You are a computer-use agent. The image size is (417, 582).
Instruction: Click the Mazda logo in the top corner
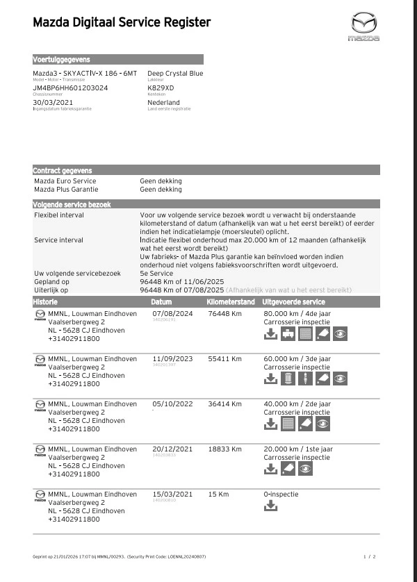tap(364, 26)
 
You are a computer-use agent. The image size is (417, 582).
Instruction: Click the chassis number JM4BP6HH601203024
tap(70, 88)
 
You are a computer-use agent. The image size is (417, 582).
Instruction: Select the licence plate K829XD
tap(161, 88)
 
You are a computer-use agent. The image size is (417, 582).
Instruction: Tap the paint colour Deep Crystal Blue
tap(175, 73)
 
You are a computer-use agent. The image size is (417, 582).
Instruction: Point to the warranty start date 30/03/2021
tap(53, 103)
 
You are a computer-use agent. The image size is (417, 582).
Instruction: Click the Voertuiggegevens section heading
tap(62, 60)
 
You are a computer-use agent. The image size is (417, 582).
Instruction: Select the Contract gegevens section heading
tap(63, 170)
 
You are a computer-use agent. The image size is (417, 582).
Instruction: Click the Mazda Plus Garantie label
tap(66, 189)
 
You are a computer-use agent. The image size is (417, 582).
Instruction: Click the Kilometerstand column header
tap(230, 302)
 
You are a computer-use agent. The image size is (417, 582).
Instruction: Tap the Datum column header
tap(161, 302)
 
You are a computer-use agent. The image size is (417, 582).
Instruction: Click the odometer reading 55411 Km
tap(224, 358)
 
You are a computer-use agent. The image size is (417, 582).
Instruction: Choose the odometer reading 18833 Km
tap(224, 449)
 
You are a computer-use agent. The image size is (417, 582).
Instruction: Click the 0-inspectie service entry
tap(281, 494)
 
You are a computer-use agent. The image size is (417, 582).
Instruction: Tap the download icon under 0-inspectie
tap(270, 506)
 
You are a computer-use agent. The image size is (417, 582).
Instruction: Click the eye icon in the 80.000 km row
tap(340, 334)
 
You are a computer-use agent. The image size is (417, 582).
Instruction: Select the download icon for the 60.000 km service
tap(270, 379)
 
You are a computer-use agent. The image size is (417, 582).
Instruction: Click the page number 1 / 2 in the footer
tap(369, 557)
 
